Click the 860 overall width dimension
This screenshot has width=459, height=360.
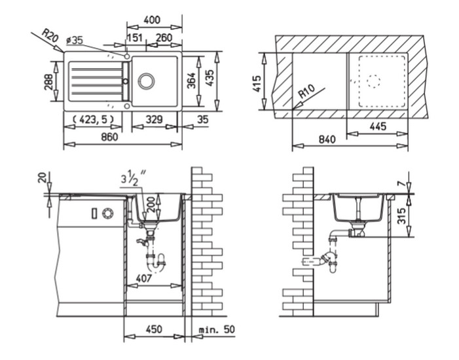tap(109, 137)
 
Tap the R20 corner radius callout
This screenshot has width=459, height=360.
tap(50, 35)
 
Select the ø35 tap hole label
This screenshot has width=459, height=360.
tap(75, 40)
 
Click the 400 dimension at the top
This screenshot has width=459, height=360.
tap(152, 20)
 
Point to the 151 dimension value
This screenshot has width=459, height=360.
tap(135, 38)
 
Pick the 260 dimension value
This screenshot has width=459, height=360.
tap(164, 38)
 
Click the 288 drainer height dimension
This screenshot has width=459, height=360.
tap(48, 82)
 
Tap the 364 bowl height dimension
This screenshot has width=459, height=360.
tap(191, 81)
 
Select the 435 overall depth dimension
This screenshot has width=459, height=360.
tap(210, 78)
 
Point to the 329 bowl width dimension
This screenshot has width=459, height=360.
tap(154, 119)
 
